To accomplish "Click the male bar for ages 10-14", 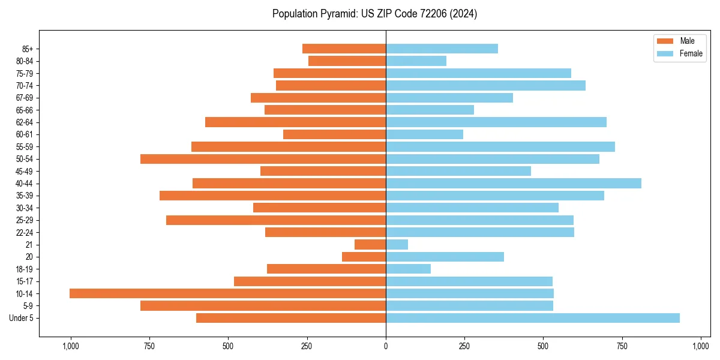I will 227,293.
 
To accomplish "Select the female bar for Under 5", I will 533,318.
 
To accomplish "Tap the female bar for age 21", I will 397,245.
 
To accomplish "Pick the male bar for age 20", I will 364,257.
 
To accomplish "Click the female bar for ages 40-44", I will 514,184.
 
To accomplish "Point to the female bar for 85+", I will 442,49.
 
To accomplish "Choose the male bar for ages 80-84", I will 347,61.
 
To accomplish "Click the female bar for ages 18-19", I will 408,269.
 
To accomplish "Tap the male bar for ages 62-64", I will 295,122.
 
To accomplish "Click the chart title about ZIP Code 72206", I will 374,14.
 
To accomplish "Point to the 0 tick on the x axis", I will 386,346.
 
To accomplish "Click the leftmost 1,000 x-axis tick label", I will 71,346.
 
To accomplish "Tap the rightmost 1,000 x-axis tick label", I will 701,346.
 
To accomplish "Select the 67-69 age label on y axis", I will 24,98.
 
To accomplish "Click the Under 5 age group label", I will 21,318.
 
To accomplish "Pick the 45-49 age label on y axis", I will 24,172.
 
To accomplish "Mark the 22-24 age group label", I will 24,233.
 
